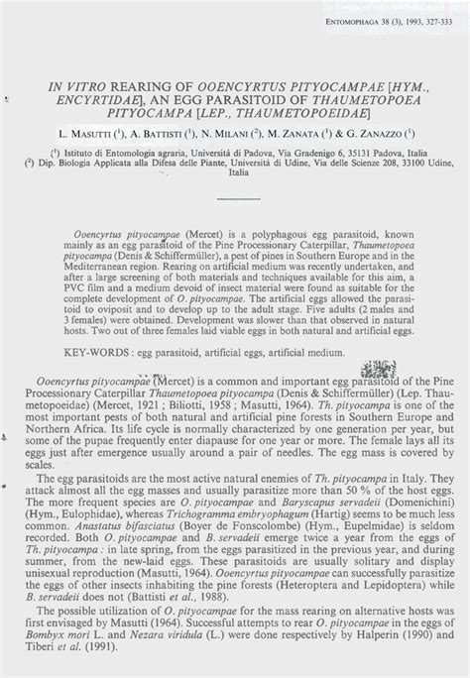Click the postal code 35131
point(336,154)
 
